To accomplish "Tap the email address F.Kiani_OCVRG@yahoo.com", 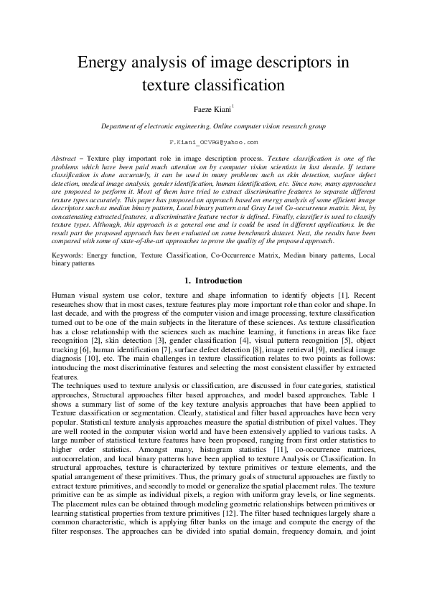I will coord(213,143).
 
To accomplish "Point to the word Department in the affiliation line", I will coord(121,126).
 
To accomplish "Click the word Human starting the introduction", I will coord(66,296).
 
